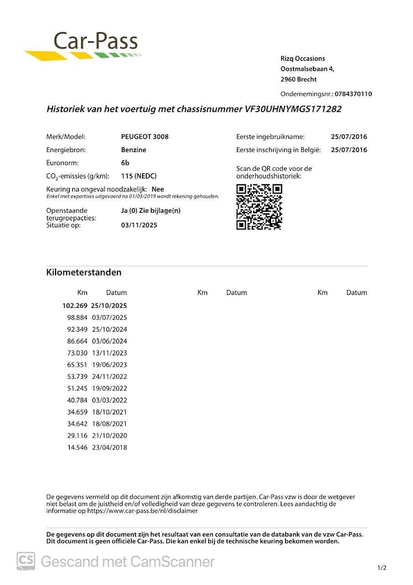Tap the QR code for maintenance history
pyautogui.click(x=259, y=207)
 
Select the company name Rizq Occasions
pyautogui.click(x=303, y=58)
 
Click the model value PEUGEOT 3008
pyautogui.click(x=145, y=137)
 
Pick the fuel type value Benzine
pyautogui.click(x=134, y=150)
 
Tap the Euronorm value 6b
pyautogui.click(x=125, y=163)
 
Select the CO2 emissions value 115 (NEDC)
pyautogui.click(x=139, y=176)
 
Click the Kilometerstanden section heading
pyautogui.click(x=84, y=272)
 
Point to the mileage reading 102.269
pyautogui.click(x=75, y=305)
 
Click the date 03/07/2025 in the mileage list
pyautogui.click(x=110, y=317)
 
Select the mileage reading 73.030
pyautogui.click(x=77, y=353)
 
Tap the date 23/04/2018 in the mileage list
pyautogui.click(x=110, y=447)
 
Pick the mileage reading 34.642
pyautogui.click(x=77, y=423)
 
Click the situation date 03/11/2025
pyautogui.click(x=139, y=225)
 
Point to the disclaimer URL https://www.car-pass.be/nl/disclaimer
pyautogui.click(x=136, y=511)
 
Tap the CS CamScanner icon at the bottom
pyautogui.click(x=26, y=561)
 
